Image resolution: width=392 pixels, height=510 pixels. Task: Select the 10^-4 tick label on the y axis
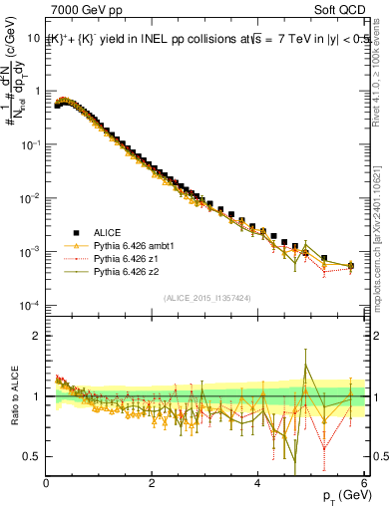point(31,305)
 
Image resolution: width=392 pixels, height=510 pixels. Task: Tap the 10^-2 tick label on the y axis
point(31,197)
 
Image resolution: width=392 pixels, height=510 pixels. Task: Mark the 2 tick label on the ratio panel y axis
point(37,336)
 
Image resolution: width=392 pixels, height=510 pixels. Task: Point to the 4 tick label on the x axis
point(257,483)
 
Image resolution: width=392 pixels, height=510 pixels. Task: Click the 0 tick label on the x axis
point(47,483)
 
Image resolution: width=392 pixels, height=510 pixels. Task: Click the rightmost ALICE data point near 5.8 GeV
point(350,265)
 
